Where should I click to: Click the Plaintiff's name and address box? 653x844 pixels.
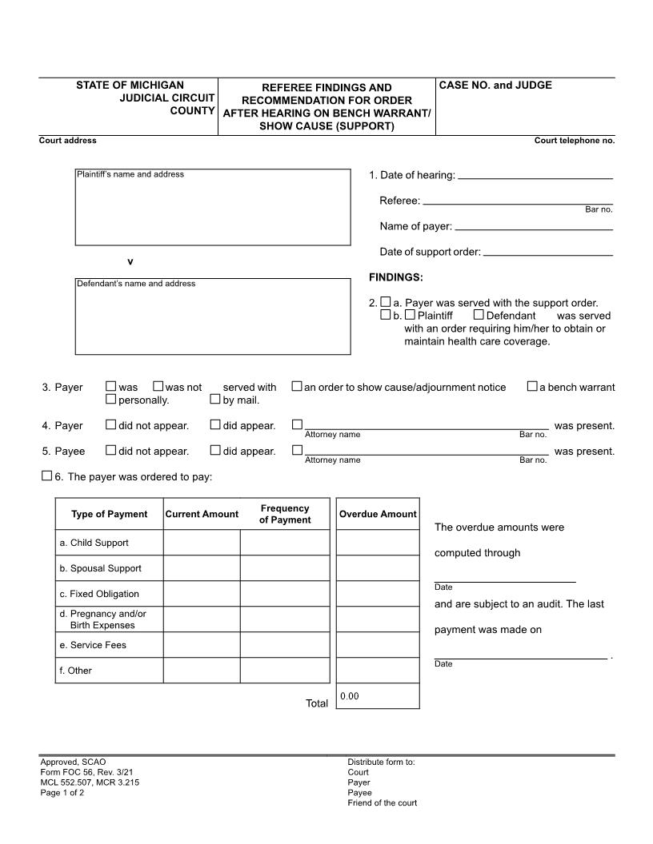pos(213,207)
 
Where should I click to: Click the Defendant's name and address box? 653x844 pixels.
pos(213,316)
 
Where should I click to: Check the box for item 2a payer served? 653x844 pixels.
pos(386,302)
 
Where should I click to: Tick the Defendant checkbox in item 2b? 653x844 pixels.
pos(479,315)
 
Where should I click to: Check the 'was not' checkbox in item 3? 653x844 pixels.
pos(158,387)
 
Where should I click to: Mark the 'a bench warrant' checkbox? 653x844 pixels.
pos(532,387)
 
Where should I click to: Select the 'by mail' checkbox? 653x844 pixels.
pos(215,400)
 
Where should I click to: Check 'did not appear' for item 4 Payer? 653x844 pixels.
pos(111,425)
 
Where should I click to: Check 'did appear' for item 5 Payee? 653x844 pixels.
pos(215,451)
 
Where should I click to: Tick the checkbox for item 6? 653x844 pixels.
pos(46,476)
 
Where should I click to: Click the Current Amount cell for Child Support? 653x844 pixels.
pos(202,543)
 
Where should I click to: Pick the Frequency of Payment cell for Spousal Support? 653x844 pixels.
pos(285,568)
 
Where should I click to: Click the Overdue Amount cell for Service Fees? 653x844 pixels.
pos(378,645)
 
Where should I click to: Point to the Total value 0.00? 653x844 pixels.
pos(350,696)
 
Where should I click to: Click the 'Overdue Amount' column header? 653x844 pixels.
pos(378,514)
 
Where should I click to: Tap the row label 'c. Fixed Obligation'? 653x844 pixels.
pos(99,594)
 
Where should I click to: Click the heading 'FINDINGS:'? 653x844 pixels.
pos(395,277)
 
